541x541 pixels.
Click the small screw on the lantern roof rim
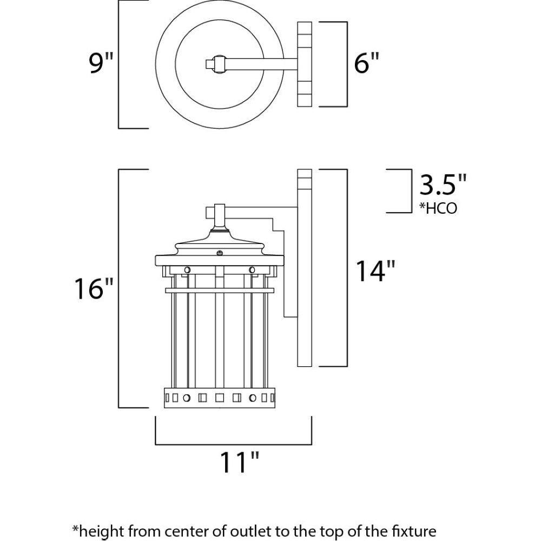coord(219,252)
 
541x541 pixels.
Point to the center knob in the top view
coord(219,64)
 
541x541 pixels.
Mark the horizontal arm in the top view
coord(260,64)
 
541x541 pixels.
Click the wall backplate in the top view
coord(305,64)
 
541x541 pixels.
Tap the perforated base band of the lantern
coord(219,398)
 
